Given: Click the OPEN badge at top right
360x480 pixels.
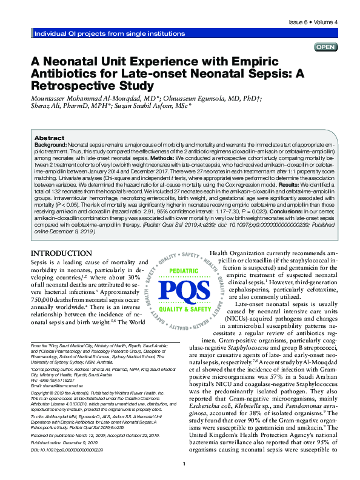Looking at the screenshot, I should (x=325, y=47).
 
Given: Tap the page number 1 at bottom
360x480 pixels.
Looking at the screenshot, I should (x=184, y=464).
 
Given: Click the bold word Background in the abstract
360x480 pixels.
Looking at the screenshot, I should (x=50, y=146).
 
